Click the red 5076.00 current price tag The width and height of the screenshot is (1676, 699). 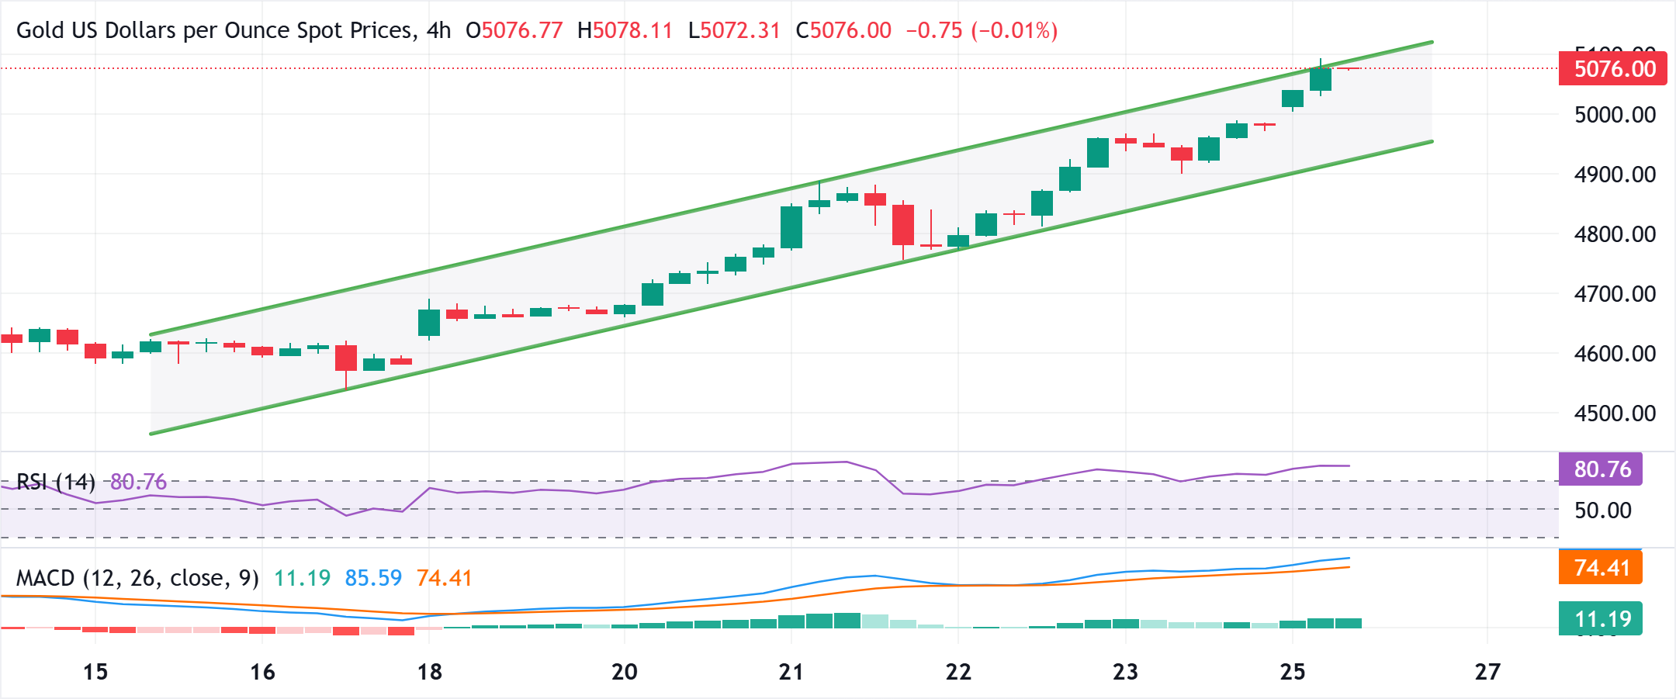(1612, 69)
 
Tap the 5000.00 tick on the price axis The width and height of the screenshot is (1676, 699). (1615, 115)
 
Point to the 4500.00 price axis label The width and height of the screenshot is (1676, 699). (1615, 414)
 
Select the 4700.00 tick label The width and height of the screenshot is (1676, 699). (1615, 294)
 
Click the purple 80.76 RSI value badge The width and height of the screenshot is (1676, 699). (1602, 469)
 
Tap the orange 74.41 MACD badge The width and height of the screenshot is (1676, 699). (1602, 568)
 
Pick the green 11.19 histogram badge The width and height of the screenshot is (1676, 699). (1602, 619)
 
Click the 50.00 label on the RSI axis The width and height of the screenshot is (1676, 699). (1602, 510)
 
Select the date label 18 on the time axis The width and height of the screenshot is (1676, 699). (429, 672)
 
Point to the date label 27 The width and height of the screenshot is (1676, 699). (1487, 672)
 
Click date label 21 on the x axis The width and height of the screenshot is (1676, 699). (791, 672)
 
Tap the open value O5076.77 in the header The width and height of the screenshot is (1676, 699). (514, 31)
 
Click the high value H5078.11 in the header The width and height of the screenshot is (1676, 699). (625, 31)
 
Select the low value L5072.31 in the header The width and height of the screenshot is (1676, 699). (734, 31)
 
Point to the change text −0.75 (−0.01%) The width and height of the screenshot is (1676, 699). (982, 31)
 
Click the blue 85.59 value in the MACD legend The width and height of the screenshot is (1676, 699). (373, 579)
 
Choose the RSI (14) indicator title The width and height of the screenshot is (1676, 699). (56, 483)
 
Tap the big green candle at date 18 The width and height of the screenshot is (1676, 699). (429, 323)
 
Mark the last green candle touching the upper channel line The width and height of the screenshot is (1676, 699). (1321, 79)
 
